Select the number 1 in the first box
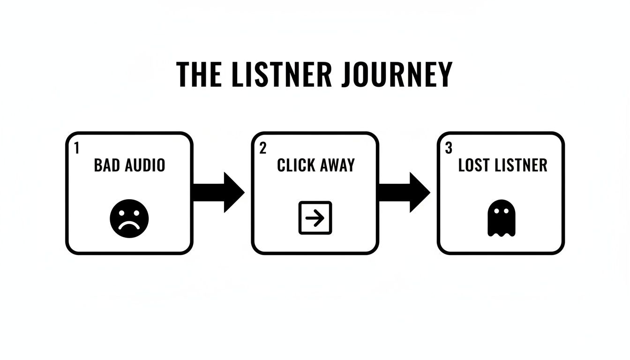click(77, 148)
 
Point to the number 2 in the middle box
click(262, 148)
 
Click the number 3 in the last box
click(449, 148)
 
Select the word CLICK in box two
click(293, 165)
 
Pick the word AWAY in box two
click(337, 165)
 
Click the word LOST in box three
click(474, 165)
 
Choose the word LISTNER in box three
click(520, 165)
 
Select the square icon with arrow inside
click(315, 217)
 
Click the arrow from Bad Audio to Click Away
click(218, 192)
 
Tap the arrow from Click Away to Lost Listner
click(404, 192)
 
